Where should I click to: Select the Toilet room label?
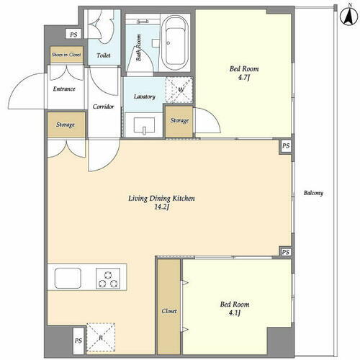point(104,55)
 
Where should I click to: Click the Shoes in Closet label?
point(66,55)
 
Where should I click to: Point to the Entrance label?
point(64,89)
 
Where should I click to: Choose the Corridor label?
point(103,107)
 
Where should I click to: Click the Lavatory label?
point(145,96)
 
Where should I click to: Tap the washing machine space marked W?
point(179,90)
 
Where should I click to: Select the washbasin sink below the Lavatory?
point(144,125)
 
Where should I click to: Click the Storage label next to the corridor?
point(66,125)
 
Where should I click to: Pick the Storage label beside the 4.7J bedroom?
point(179,120)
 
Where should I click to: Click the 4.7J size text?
point(244,78)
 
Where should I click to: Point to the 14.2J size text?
point(161,207)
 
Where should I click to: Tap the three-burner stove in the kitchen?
point(108,279)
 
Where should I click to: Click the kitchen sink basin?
point(68,278)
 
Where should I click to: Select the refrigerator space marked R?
point(101,338)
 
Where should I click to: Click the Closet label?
point(169,311)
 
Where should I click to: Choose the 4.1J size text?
point(235,313)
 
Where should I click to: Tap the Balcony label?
point(313,193)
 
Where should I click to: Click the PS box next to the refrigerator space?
point(78,341)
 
